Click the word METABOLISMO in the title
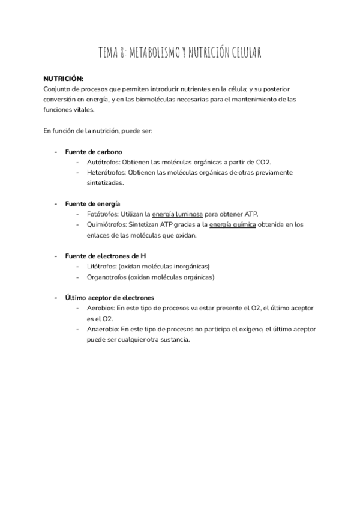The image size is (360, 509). coord(152,54)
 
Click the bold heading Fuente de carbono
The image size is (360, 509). coord(94,152)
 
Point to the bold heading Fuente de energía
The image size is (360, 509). coord(92,204)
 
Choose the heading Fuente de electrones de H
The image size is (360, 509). coord(105,256)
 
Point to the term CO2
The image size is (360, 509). coord(263,162)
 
